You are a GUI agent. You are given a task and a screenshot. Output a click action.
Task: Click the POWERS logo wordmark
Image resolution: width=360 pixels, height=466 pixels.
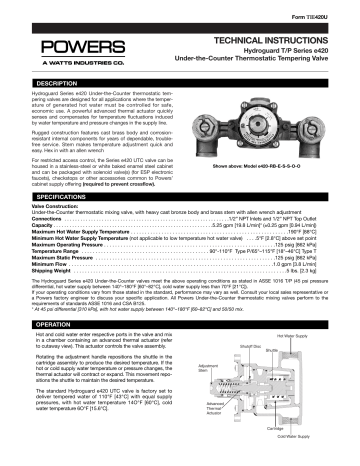click(63, 47)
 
